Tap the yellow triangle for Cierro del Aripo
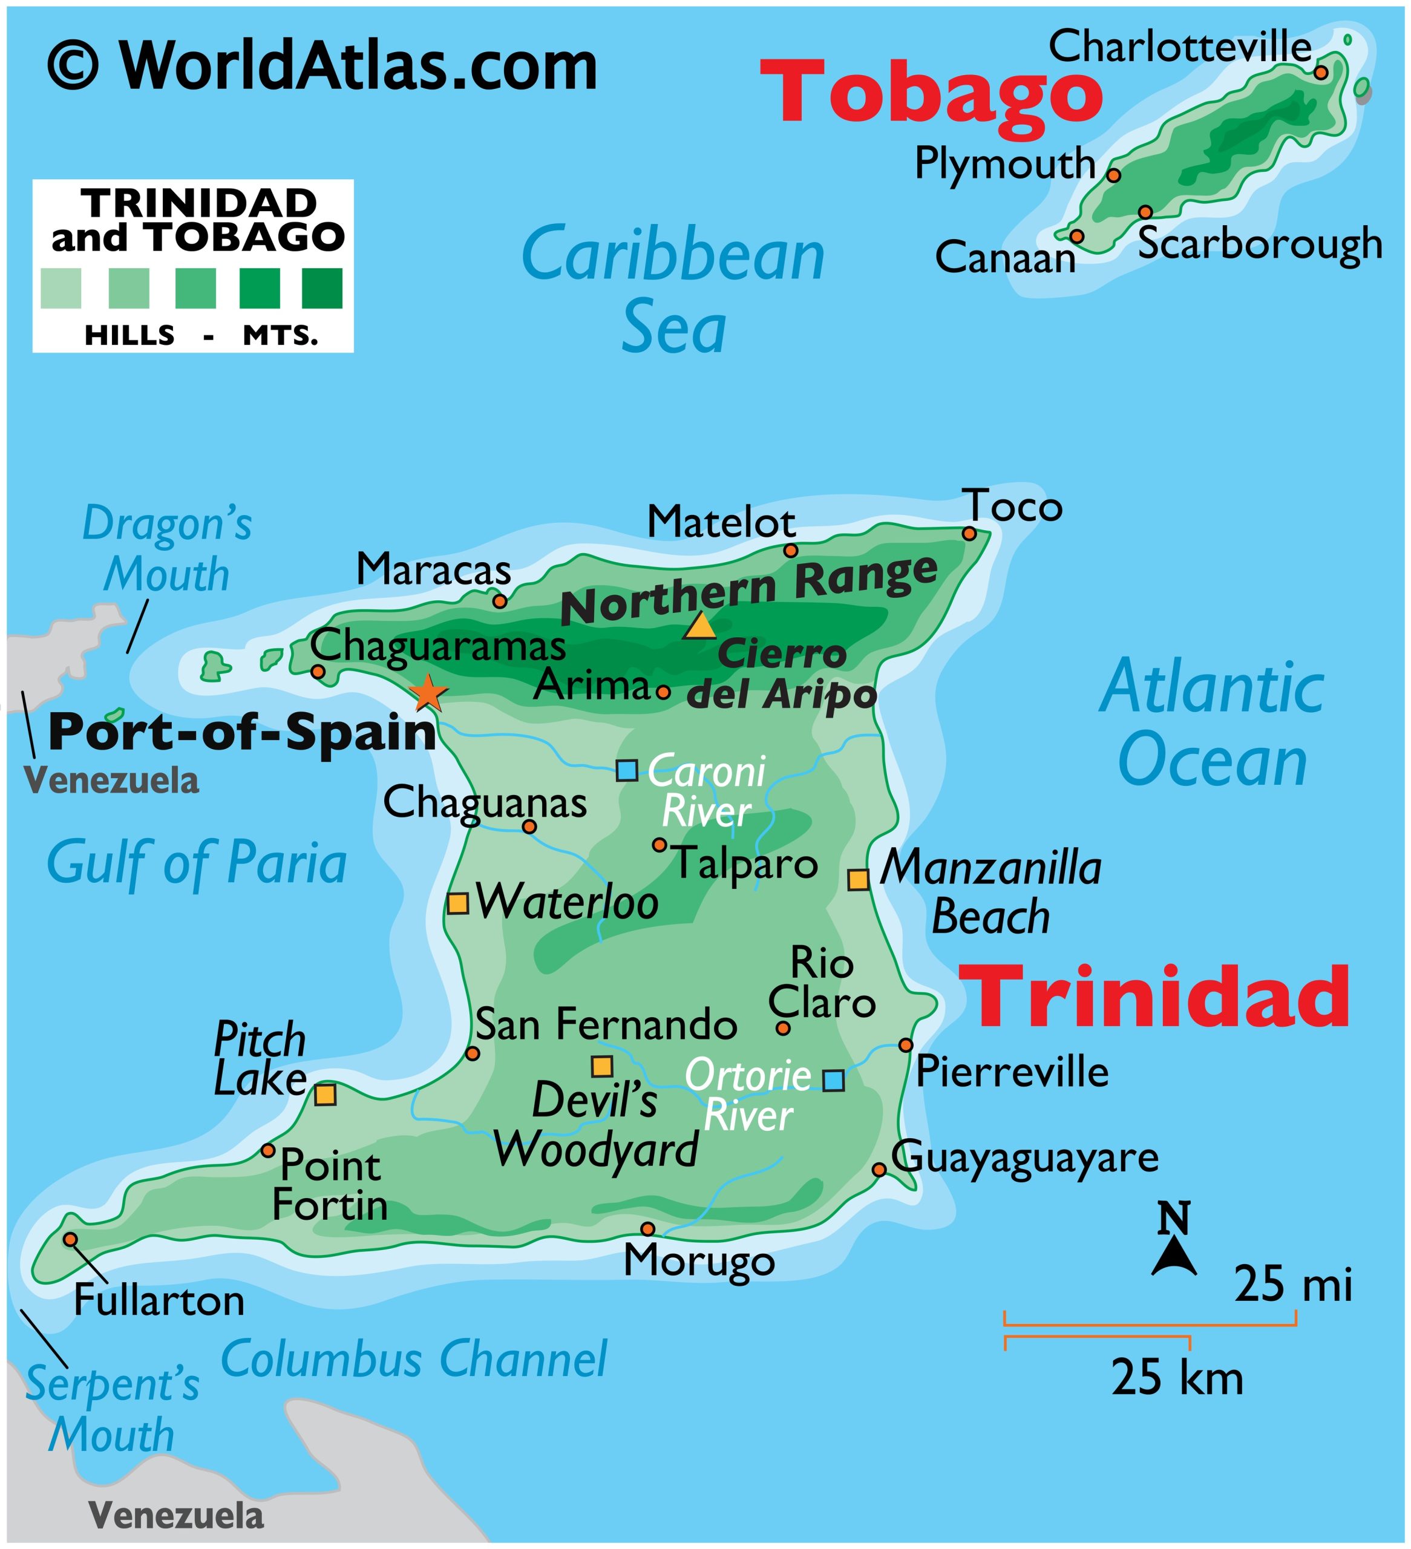700,627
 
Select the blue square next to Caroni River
627,770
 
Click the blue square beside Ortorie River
834,1080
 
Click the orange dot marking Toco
970,533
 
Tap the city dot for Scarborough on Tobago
1146,212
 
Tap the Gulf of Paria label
197,863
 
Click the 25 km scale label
1177,1378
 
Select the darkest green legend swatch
322,288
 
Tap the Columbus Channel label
414,1359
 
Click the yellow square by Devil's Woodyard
602,1067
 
